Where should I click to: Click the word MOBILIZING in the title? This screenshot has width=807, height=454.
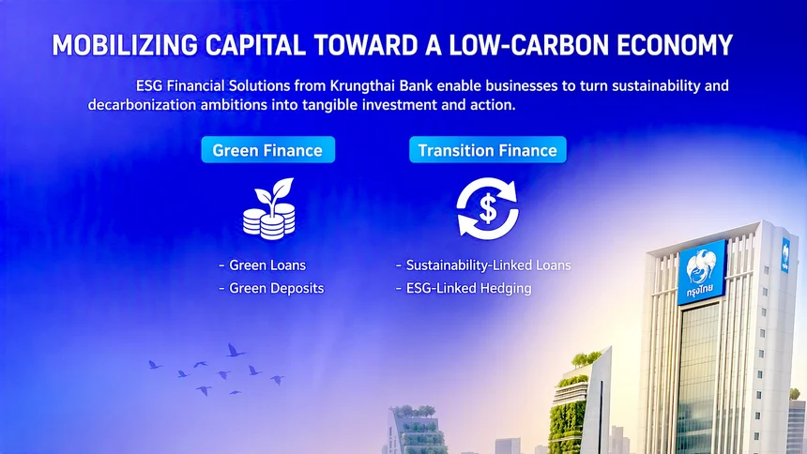[125, 45]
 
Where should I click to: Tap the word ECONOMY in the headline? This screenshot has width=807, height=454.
[674, 45]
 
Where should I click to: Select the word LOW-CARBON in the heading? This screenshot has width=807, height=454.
[529, 45]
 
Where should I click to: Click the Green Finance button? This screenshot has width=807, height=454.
[267, 150]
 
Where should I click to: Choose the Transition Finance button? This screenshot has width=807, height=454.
[487, 150]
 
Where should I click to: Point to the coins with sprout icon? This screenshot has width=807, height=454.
[268, 208]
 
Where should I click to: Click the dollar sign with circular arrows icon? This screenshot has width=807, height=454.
[487, 208]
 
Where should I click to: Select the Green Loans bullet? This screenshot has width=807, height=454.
[263, 265]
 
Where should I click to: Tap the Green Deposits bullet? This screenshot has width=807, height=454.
[272, 288]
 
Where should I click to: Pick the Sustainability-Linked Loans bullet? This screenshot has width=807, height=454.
[483, 265]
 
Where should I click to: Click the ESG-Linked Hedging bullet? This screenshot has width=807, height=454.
[464, 288]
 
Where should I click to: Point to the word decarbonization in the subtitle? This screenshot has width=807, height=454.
[142, 105]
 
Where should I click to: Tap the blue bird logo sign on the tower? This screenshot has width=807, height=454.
[702, 272]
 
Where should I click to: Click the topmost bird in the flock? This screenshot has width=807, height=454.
[236, 351]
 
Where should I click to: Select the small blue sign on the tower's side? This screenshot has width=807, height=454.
[786, 255]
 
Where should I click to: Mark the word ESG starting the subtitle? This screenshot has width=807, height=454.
[149, 85]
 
